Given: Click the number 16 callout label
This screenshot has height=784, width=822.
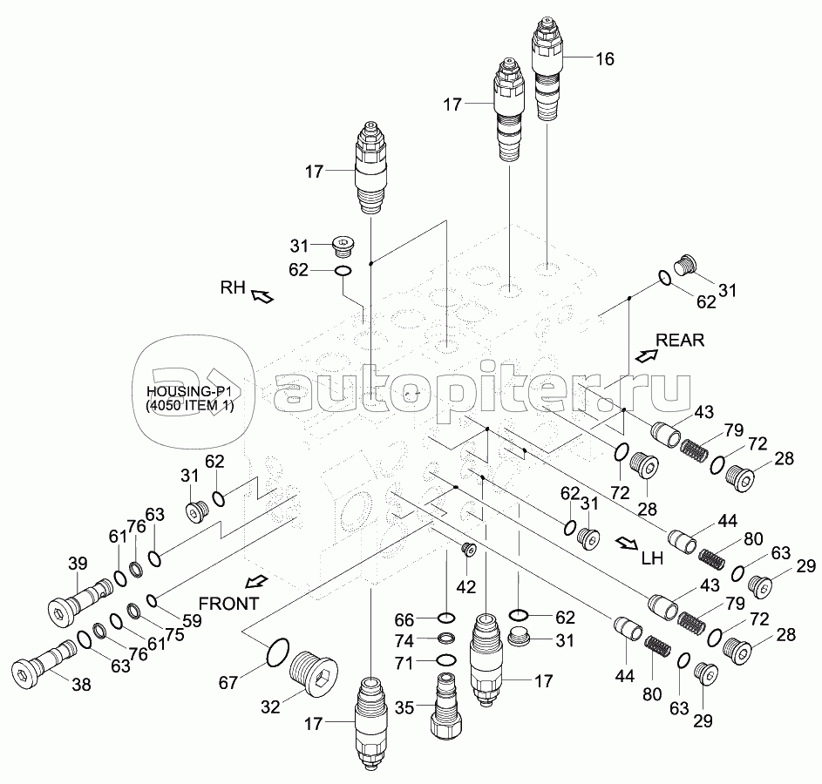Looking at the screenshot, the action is pos(605,58).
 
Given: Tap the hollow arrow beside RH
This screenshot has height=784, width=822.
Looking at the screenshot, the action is pos(262,296).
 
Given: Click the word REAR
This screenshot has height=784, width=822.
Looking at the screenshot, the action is pos(680,340).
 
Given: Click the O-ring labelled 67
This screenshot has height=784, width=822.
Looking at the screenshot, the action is pos(278,653).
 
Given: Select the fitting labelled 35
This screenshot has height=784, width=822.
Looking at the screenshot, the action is pos(446,706).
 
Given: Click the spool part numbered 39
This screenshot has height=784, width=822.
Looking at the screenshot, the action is pos(79,603).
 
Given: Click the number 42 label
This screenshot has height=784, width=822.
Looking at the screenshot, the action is pos(465,587).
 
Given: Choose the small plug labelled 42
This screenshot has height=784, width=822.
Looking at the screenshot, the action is pos(467,550).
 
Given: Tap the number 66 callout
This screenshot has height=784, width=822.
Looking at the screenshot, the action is pos(404,620).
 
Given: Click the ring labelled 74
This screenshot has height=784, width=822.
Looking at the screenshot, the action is pos(446,639).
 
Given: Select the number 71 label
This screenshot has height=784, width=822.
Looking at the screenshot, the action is pos(404,664).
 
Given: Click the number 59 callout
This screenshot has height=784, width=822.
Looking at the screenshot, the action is pos(192,620).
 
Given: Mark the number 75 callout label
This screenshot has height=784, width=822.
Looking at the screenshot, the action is pos(174,635).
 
